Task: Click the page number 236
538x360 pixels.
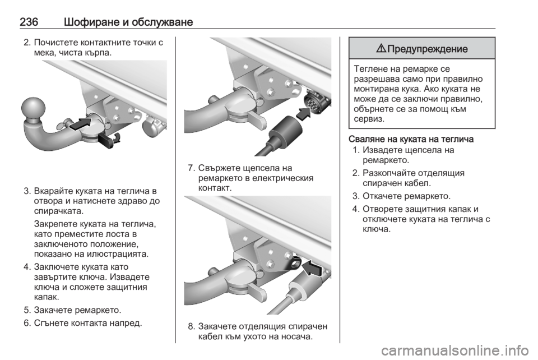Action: click(29, 22)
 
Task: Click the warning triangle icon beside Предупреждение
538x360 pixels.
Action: click(382, 48)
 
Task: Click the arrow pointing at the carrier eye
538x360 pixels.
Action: click(312, 267)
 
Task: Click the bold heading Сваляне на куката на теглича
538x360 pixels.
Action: click(411, 139)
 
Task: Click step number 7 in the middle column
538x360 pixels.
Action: click(192, 168)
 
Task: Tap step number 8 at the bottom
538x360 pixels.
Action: click(192, 326)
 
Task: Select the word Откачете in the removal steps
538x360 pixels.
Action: click(382, 196)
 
